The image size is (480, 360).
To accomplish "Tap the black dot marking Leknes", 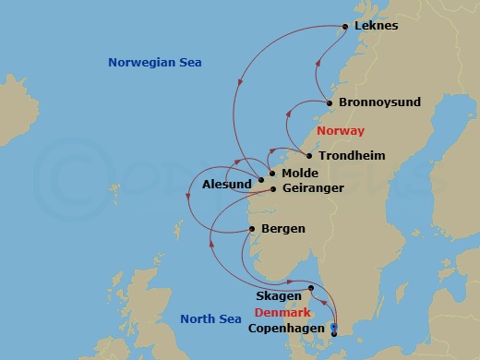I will click(x=345, y=26).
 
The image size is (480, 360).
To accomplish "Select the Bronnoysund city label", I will click(x=377, y=103).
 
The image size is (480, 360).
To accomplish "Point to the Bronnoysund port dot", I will click(x=330, y=103).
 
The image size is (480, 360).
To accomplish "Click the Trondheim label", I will click(x=352, y=156).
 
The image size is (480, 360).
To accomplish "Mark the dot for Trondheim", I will click(x=309, y=156).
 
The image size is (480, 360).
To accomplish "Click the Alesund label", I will click(x=226, y=185).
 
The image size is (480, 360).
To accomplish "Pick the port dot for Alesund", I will click(x=261, y=179).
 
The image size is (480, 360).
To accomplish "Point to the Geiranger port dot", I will click(x=271, y=189).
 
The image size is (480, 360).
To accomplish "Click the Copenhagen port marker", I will click(x=334, y=329).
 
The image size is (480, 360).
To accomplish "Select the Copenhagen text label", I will click(x=286, y=329).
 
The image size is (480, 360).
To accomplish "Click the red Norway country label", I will click(x=340, y=131).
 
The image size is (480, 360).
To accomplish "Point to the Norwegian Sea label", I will click(x=154, y=62).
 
